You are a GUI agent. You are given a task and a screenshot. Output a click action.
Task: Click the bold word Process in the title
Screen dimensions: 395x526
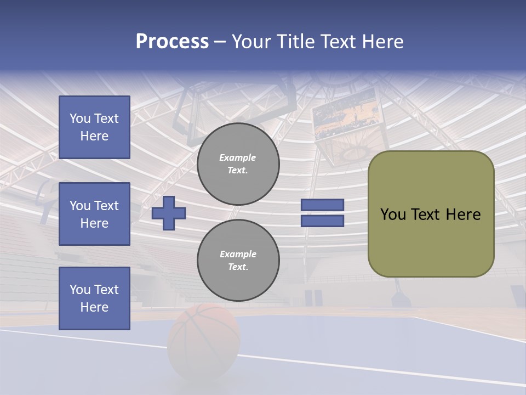point(172,42)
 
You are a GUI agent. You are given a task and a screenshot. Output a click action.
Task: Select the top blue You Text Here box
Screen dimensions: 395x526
point(94,127)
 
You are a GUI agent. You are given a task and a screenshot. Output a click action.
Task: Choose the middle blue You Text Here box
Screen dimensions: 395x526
point(94,214)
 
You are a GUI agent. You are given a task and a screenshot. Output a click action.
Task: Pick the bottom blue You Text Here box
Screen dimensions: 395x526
point(94,298)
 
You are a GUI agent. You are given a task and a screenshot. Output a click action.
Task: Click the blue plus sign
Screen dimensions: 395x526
point(169,213)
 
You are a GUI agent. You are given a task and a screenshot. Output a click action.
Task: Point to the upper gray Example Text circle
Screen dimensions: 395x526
point(238,164)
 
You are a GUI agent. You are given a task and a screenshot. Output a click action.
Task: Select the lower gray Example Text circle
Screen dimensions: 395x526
point(238,261)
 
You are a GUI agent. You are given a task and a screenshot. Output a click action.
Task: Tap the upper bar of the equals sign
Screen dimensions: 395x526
point(323,205)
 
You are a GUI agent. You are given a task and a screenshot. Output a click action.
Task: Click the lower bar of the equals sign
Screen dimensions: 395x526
point(323,221)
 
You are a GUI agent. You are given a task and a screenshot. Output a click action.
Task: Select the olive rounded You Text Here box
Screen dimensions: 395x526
point(431,214)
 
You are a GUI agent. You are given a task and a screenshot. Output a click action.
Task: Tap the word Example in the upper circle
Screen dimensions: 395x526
point(238,157)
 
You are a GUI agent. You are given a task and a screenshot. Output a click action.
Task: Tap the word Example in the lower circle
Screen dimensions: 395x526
point(238,254)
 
